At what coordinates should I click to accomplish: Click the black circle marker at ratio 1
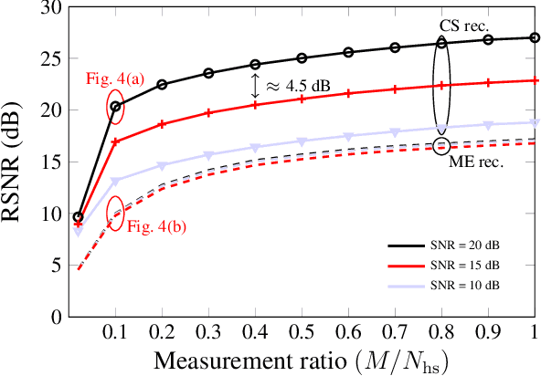pos(535,37)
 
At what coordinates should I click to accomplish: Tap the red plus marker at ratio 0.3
pos(208,113)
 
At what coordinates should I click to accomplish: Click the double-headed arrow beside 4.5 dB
pos(257,87)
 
